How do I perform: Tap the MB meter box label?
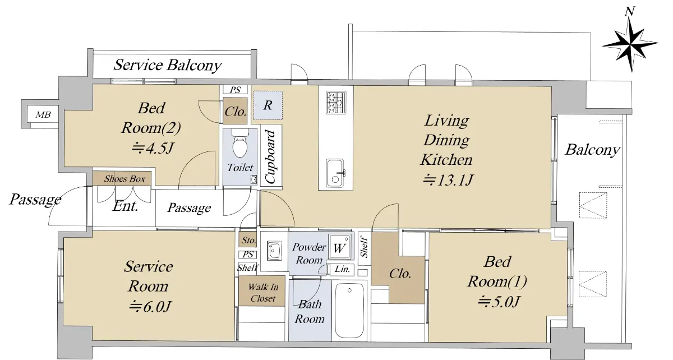tap(43, 114)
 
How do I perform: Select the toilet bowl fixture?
tap(240, 144)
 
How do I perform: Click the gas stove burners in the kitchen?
tap(336, 103)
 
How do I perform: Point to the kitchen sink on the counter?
tap(335, 173)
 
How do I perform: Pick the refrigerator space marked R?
tap(268, 105)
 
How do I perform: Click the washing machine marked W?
tap(340, 246)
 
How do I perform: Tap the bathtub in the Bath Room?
tap(349, 310)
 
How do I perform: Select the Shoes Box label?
tap(125, 179)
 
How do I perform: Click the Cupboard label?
tap(270, 156)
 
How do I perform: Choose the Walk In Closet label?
tap(263, 292)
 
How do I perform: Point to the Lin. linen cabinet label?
tap(342, 269)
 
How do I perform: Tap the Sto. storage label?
tap(249, 240)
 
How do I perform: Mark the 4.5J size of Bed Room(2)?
tap(153, 148)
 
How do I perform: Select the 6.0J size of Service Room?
tap(150, 307)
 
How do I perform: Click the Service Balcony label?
tap(168, 65)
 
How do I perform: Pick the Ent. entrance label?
tap(125, 206)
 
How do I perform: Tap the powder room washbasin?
tap(274, 250)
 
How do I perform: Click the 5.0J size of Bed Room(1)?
tap(499, 302)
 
